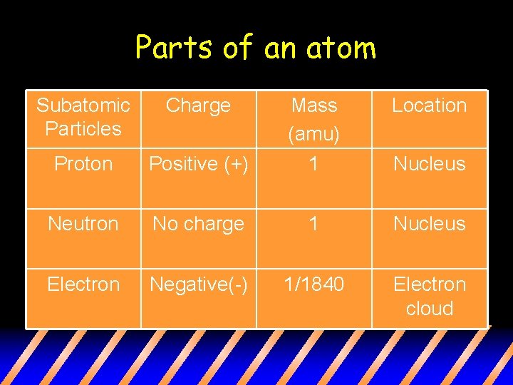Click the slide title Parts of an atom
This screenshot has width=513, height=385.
coord(255,48)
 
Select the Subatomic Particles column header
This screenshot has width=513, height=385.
coord(83,117)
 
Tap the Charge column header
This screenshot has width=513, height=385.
coord(198,106)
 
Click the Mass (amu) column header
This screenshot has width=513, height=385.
coord(314,118)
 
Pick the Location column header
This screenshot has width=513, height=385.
coord(429,106)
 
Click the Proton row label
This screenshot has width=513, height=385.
coord(83,164)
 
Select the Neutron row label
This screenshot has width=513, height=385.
coord(83,224)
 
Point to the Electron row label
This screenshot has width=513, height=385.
coord(83,284)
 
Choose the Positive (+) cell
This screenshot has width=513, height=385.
coord(198,164)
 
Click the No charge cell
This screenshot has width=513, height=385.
coord(198,224)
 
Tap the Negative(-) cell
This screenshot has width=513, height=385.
coord(198,284)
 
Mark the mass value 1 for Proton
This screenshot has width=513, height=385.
coord(314,164)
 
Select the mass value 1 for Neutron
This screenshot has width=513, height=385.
coord(314,224)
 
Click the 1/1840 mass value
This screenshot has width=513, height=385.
coord(314,284)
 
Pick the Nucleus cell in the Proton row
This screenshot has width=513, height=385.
coord(429,164)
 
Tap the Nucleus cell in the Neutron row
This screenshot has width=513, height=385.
coord(429,224)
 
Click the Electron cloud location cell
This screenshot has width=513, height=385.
coord(429,296)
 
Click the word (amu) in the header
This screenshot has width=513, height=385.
coord(314,133)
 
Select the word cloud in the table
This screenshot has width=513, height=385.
coord(429,309)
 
